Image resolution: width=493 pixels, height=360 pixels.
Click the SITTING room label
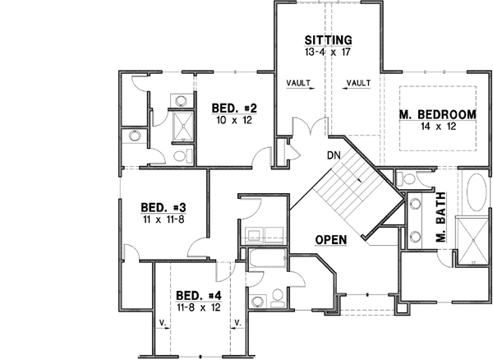[328, 39]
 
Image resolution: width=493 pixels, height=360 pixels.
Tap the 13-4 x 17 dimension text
[328, 53]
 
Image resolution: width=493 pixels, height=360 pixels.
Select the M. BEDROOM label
[438, 113]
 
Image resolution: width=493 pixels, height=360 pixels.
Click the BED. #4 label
[198, 296]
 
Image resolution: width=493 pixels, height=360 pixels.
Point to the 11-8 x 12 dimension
[198, 308]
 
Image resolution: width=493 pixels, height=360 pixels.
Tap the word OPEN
[329, 240]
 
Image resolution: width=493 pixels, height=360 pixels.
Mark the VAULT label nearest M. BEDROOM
[358, 83]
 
